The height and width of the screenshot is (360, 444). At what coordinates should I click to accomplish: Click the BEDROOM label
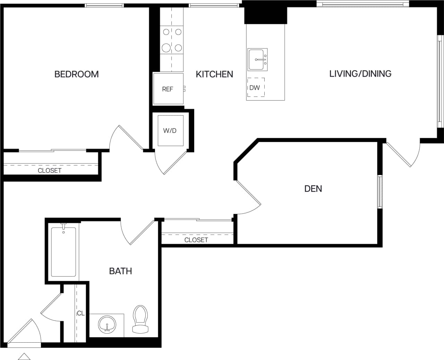point(76,74)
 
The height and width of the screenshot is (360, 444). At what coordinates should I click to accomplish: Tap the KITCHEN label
point(214,74)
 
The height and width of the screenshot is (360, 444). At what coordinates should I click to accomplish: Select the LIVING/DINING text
point(360,74)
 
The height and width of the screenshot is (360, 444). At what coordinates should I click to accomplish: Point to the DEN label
point(313,189)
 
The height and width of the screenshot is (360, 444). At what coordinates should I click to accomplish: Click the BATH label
point(120,271)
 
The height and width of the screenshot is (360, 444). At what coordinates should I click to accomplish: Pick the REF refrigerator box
point(168,89)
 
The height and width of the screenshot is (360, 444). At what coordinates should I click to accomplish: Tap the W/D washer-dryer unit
point(170,131)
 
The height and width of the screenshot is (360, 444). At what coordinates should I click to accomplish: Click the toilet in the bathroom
point(140,319)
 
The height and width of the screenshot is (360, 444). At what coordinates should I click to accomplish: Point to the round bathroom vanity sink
point(107,325)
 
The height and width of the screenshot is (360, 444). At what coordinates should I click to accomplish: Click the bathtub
point(63,252)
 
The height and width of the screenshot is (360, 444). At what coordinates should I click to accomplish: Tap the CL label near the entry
point(80,313)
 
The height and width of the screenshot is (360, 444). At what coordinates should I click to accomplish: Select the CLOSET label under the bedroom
point(50,170)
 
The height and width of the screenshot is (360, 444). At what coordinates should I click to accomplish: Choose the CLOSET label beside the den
point(196,240)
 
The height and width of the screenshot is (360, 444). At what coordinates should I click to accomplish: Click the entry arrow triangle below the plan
point(24,357)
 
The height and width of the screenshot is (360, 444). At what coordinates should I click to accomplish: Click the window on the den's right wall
point(380,192)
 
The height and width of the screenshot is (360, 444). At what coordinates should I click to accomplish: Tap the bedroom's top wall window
point(104,5)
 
